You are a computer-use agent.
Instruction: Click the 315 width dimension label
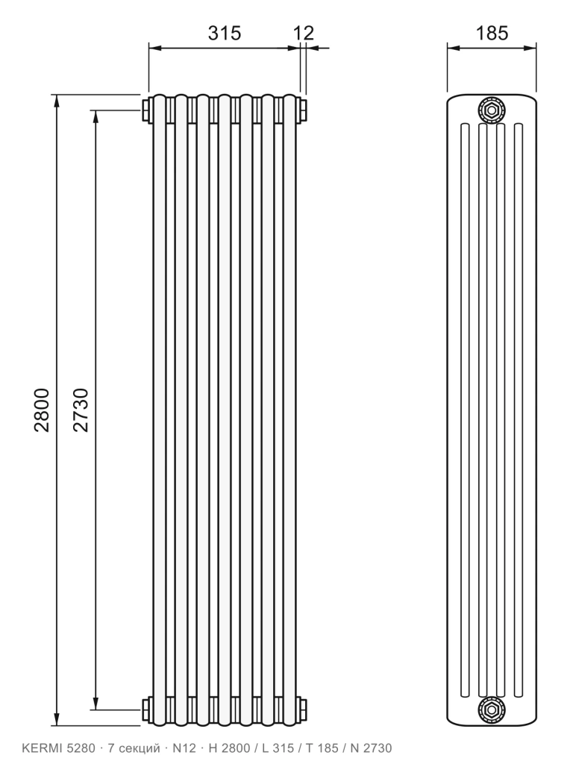[x=224, y=33]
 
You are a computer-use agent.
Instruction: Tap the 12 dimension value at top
[x=304, y=33]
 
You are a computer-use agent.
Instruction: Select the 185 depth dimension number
[x=492, y=33]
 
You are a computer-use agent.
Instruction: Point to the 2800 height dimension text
[x=42, y=410]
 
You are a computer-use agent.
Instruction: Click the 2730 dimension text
[x=81, y=410]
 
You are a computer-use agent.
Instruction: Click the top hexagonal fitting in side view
[x=492, y=110]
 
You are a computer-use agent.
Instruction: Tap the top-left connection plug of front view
[x=145, y=110]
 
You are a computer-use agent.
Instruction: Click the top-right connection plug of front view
[x=302, y=110]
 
